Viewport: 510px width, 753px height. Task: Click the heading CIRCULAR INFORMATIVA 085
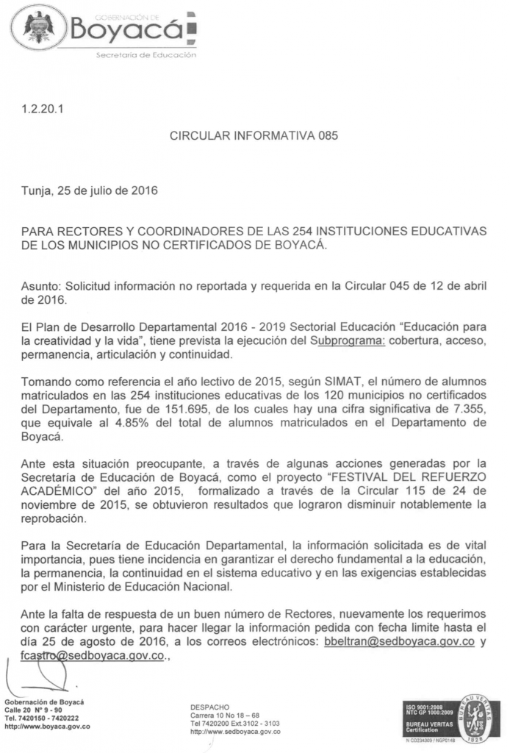pyautogui.click(x=254, y=136)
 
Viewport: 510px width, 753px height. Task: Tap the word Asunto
pyautogui.click(x=42, y=285)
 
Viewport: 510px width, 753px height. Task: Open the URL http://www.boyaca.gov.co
pyautogui.click(x=47, y=726)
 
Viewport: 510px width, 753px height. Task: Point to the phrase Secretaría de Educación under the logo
pyautogui.click(x=146, y=56)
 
